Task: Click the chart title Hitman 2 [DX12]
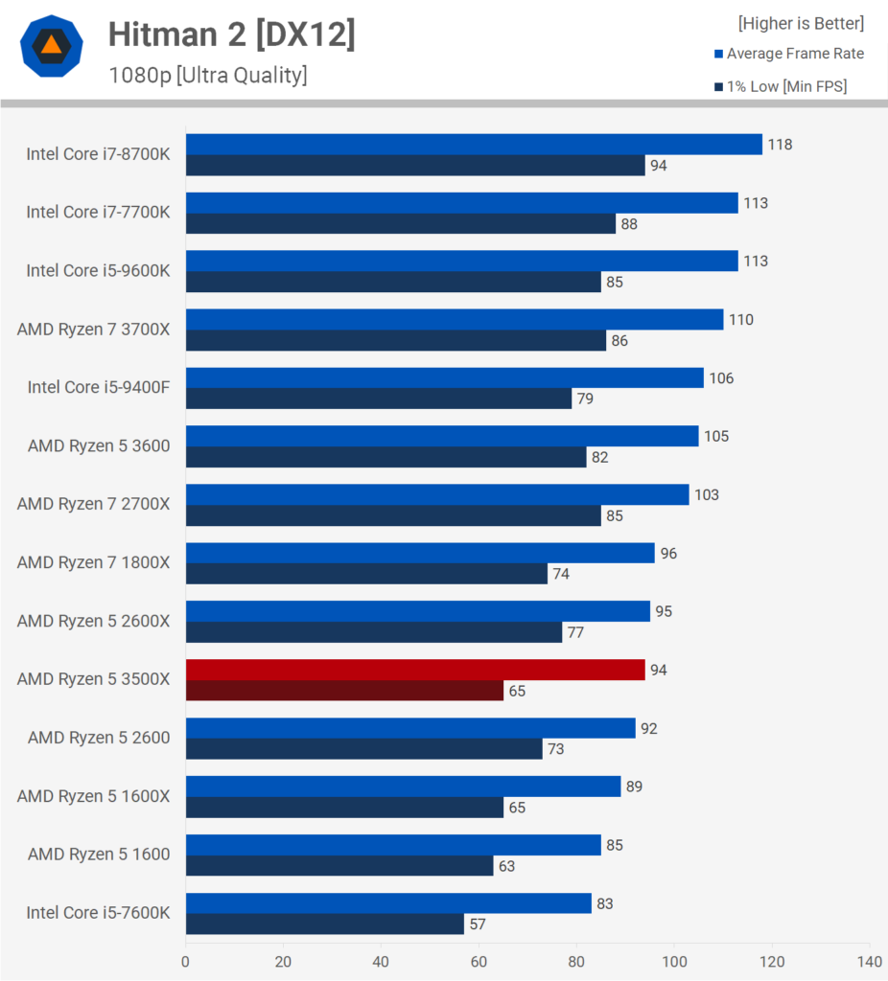click(x=231, y=34)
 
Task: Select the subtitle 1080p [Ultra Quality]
click(x=207, y=75)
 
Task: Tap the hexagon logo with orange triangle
click(x=52, y=46)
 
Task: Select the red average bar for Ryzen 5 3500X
click(x=415, y=670)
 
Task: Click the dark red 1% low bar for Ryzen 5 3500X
click(x=344, y=691)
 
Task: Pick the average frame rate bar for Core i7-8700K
click(x=474, y=144)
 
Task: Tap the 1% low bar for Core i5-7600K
click(x=325, y=924)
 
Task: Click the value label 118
click(x=780, y=145)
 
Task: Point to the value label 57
click(x=479, y=924)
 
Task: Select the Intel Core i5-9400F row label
click(x=98, y=388)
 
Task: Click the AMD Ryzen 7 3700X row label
click(x=93, y=330)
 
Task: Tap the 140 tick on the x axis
click(x=870, y=961)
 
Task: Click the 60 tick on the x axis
click(x=479, y=961)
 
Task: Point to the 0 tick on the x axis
click(x=185, y=961)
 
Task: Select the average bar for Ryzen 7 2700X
click(x=437, y=494)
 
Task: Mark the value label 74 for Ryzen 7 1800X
click(x=562, y=574)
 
